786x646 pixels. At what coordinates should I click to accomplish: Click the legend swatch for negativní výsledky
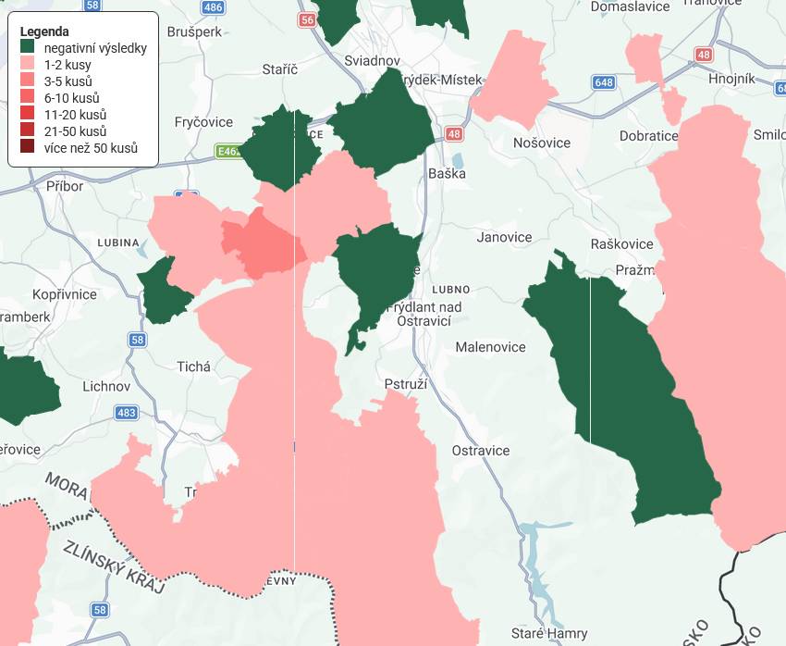(x=28, y=48)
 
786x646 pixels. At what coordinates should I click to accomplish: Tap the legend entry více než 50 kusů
(x=91, y=148)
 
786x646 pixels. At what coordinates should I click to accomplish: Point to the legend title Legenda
(x=44, y=31)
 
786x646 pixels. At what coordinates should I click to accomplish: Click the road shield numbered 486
(x=213, y=7)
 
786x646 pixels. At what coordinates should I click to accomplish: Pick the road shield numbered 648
(x=604, y=82)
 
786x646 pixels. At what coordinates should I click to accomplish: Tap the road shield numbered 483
(x=127, y=413)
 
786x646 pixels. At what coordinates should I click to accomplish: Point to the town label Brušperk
(x=195, y=31)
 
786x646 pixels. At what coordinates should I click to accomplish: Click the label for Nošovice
(x=542, y=143)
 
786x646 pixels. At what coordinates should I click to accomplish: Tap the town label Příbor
(x=65, y=186)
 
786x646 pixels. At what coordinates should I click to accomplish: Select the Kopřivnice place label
(x=64, y=294)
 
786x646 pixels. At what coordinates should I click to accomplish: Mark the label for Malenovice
(x=490, y=347)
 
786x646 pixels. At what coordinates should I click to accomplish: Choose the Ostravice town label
(x=480, y=451)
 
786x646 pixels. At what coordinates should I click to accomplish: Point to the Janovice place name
(x=504, y=237)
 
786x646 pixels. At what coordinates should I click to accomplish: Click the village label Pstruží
(x=404, y=383)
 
